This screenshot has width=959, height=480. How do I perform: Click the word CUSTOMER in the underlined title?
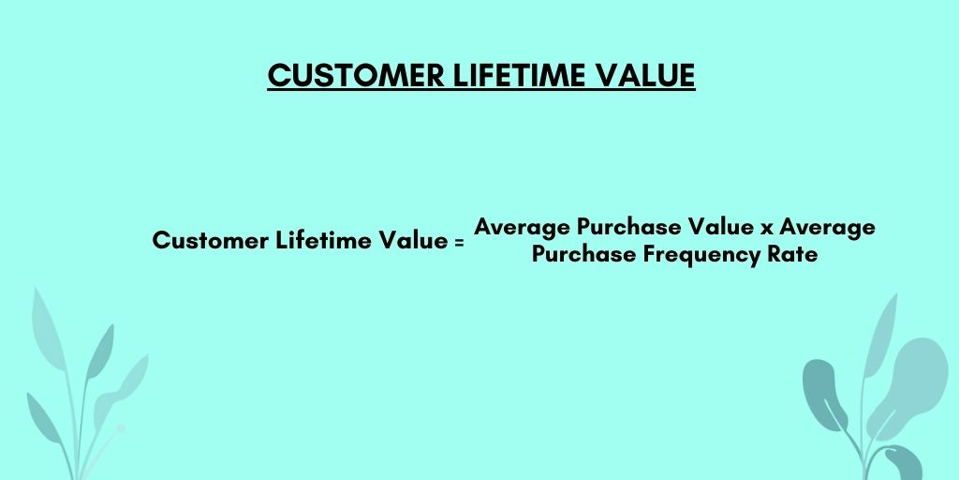[356, 75]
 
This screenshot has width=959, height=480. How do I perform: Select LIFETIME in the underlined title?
[519, 75]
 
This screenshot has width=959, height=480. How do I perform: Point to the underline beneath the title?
[481, 91]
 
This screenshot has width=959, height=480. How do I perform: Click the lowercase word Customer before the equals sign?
[211, 240]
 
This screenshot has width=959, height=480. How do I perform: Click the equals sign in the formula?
[459, 243]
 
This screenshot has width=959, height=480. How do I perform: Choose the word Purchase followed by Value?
[630, 227]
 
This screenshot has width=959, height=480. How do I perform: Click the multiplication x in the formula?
[766, 229]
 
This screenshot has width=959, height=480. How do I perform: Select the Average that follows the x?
[827, 227]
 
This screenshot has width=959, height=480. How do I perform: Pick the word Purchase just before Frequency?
[583, 253]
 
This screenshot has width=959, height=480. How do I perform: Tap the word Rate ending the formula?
[792, 253]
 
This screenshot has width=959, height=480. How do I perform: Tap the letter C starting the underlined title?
[279, 75]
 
